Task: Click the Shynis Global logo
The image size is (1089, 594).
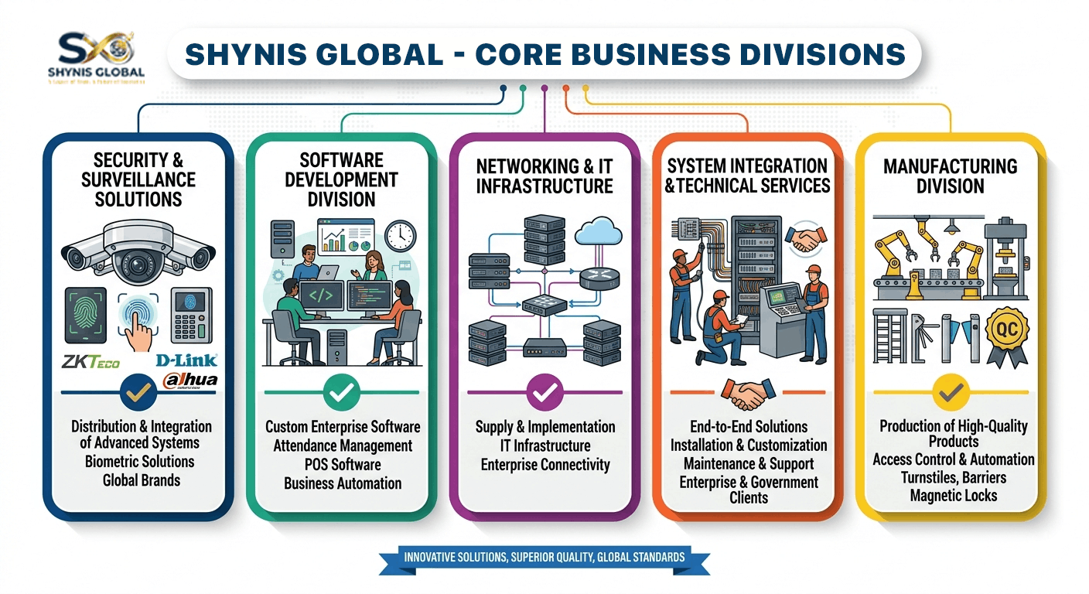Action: [96, 56]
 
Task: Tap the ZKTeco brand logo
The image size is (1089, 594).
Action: [91, 362]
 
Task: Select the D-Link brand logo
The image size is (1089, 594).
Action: [186, 360]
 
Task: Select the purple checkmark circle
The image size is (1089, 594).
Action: [545, 392]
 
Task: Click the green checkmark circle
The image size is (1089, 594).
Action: [341, 392]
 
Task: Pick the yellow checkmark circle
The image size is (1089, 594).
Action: [949, 392]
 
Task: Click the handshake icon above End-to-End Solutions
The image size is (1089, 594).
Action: [748, 393]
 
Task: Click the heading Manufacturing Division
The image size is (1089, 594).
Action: [950, 176]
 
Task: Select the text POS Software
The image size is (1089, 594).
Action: [342, 464]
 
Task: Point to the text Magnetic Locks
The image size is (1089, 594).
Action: [954, 495]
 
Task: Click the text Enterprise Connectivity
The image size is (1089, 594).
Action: [545, 464]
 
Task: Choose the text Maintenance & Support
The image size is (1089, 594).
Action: [748, 463]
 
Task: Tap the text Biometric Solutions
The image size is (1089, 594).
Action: [141, 461]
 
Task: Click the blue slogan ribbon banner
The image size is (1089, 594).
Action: [544, 557]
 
